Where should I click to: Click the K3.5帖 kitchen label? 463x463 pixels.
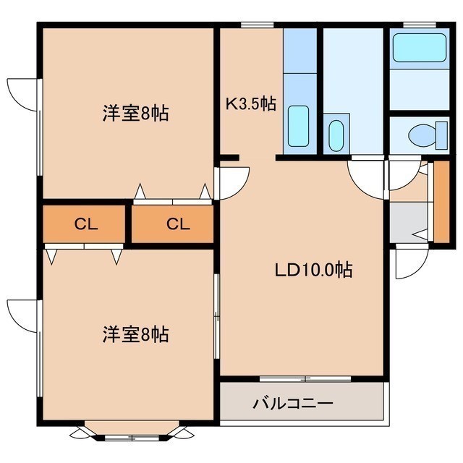click(x=251, y=103)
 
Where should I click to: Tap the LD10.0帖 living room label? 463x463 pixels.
click(x=313, y=269)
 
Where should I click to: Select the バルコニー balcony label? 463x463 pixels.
click(x=293, y=404)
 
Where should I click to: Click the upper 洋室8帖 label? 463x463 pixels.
click(x=135, y=113)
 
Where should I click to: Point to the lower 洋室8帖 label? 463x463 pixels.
click(x=135, y=334)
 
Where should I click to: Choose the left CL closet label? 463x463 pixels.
click(x=85, y=224)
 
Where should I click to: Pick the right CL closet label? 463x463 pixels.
click(x=178, y=224)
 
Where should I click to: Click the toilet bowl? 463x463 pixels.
click(x=422, y=136)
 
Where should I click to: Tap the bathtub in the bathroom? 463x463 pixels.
click(x=420, y=48)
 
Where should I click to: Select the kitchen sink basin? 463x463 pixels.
click(x=299, y=126)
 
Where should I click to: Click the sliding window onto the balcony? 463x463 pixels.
click(x=305, y=378)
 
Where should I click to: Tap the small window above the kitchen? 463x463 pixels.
click(x=257, y=25)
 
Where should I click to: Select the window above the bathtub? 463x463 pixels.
click(x=420, y=25)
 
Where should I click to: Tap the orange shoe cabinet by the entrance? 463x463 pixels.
click(x=441, y=202)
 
